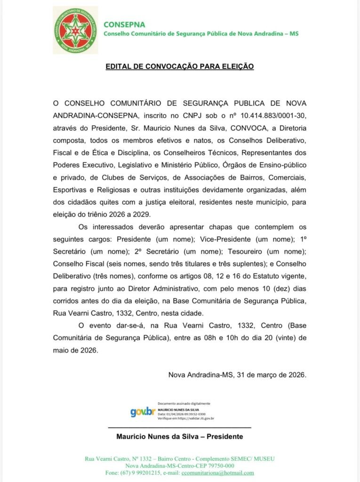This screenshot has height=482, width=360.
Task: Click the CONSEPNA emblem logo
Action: [75, 30]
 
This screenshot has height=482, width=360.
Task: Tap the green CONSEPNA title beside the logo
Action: [124, 24]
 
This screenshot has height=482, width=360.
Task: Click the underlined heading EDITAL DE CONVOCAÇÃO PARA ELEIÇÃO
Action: [179, 67]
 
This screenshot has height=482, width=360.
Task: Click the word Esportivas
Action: [71, 190]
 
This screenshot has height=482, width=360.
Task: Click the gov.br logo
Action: [143, 412]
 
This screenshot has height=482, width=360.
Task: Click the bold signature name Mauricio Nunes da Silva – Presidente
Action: [179, 436]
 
